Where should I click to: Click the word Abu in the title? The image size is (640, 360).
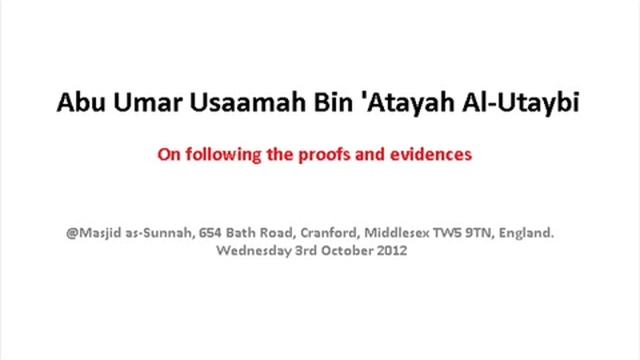coord(74,104)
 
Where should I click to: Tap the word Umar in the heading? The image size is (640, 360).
coord(134,104)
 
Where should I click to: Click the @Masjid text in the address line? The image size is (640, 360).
coord(87,232)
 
